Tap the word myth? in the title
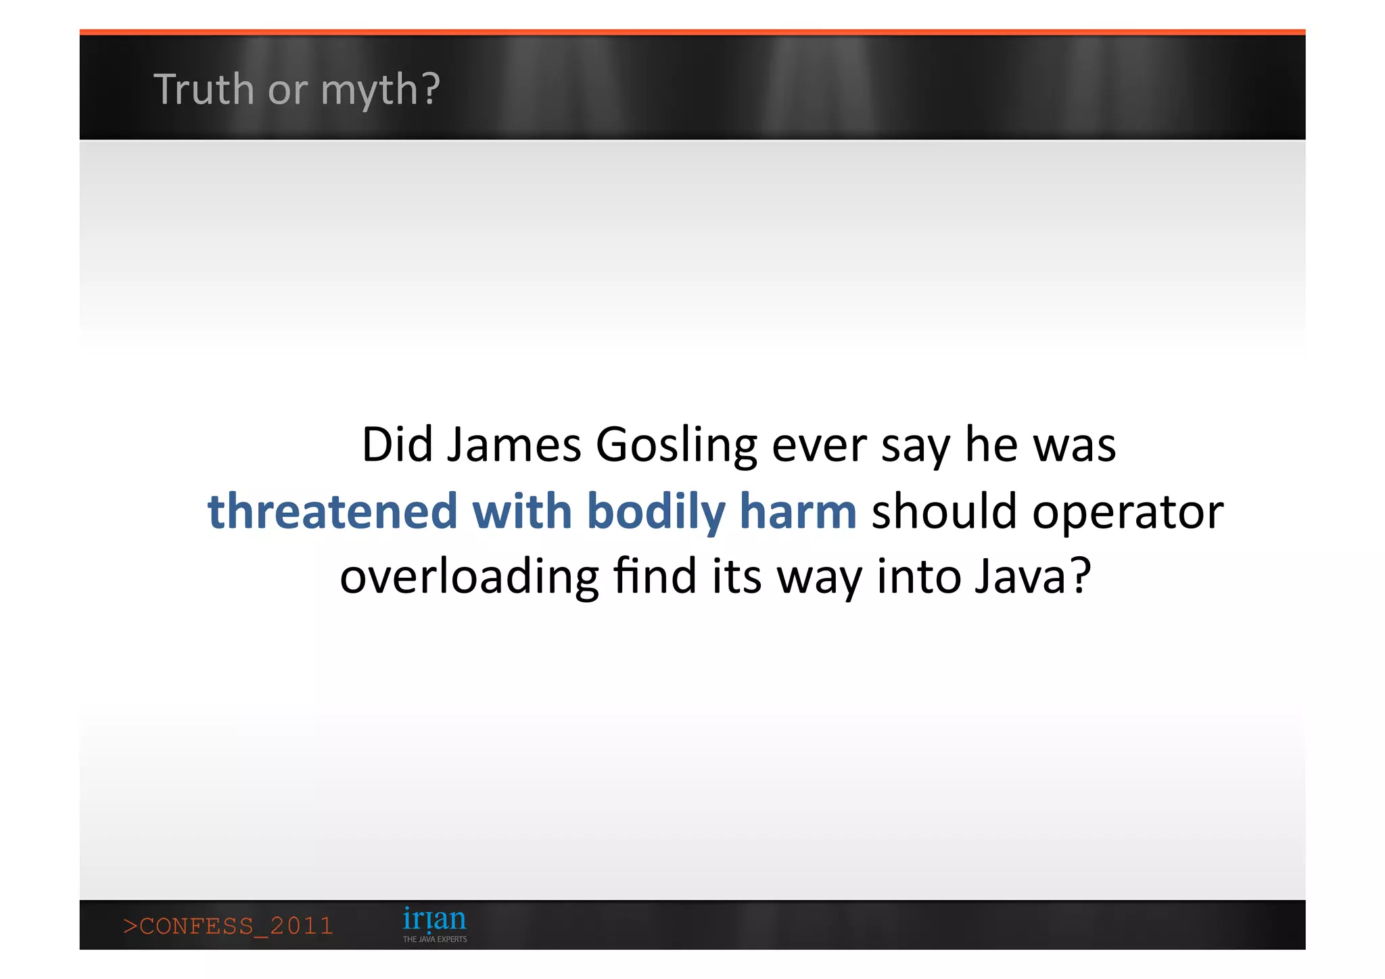(380, 91)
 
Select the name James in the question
(513, 445)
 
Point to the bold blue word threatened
(332, 511)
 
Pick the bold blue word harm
(798, 511)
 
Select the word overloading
(469, 577)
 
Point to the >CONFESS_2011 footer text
(229, 926)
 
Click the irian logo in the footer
(434, 919)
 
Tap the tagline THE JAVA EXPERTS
(435, 939)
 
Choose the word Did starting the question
(397, 445)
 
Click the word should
(944, 511)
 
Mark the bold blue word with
(522, 511)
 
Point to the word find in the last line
(655, 576)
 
